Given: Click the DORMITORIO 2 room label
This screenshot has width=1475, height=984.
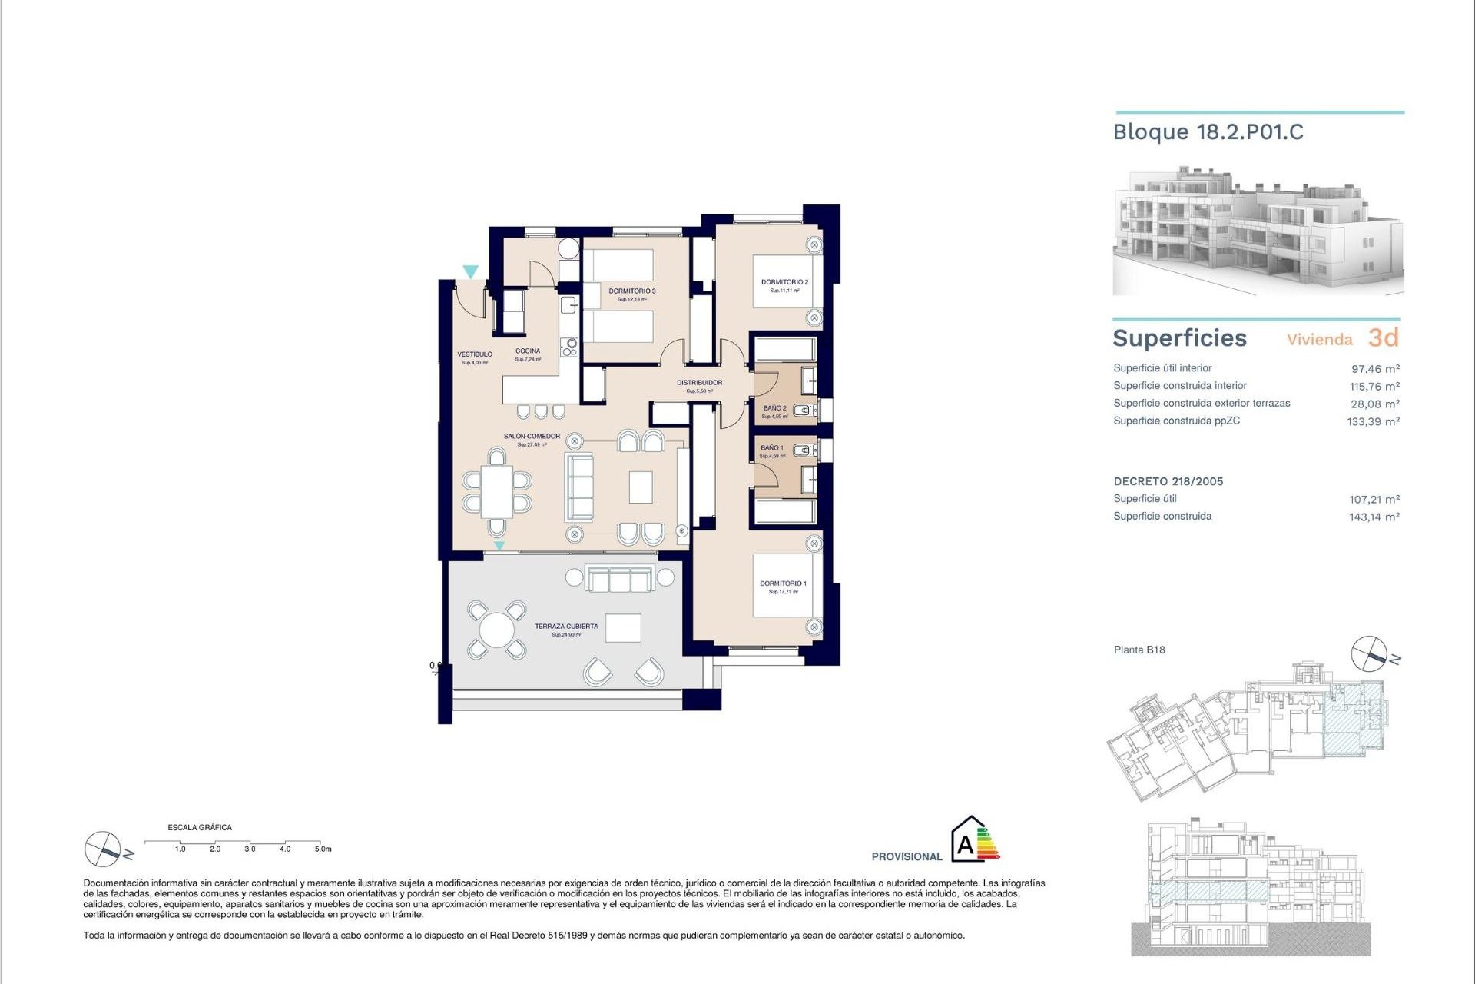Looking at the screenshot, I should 784,282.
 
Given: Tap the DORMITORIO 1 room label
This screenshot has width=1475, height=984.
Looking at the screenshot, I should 783,583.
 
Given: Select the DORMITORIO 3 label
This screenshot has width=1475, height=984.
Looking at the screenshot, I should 631,291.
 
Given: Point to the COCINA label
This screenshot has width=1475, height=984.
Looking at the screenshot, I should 528,351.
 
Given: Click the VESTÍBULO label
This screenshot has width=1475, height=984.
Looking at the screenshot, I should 475,354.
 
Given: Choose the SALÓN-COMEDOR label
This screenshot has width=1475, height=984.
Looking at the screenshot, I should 532,437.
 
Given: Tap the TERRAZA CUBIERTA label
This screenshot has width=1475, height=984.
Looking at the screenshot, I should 566,627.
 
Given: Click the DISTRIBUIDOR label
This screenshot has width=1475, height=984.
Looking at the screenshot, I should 699,383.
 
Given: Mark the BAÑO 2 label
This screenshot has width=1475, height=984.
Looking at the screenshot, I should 774,408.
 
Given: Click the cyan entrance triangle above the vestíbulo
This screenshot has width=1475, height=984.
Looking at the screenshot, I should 470,271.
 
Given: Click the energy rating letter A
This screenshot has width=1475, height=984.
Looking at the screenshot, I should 965,846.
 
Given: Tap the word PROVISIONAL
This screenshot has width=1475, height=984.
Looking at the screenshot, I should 907,856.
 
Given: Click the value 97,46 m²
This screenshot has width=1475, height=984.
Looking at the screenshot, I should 1374,369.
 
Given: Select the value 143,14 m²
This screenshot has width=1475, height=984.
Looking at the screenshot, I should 1374,517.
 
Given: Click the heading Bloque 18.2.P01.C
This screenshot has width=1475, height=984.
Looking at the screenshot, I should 1208,132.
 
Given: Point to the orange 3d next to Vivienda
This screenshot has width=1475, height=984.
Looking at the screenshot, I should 1383,337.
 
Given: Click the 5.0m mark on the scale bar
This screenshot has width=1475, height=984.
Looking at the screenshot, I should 323,849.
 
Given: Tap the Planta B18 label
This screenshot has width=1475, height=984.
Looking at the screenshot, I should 1139,650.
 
